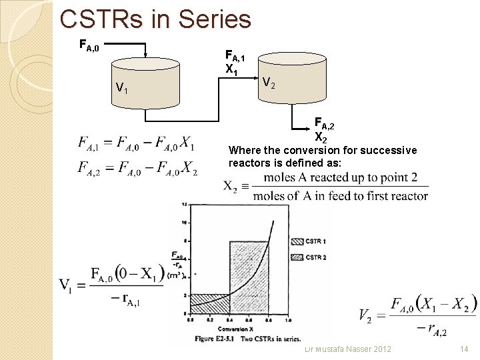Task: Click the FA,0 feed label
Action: pyautogui.click(x=89, y=46)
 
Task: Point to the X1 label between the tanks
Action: pyautogui.click(x=232, y=69)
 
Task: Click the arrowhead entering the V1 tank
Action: pyautogui.click(x=146, y=57)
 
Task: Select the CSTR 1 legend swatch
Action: pyautogui.click(x=297, y=241)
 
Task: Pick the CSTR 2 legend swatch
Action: pyautogui.click(x=297, y=257)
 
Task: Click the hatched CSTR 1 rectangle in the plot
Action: pyautogui.click(x=210, y=303)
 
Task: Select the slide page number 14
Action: pyautogui.click(x=465, y=349)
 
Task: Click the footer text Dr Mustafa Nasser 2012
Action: pyautogui.click(x=347, y=349)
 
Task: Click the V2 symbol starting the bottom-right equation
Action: pyautogui.click(x=366, y=315)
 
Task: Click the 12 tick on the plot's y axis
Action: pyautogui.click(x=185, y=205)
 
